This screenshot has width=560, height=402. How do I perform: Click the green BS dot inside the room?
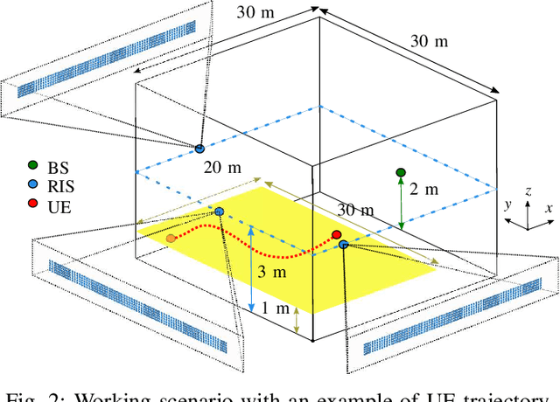[401, 172]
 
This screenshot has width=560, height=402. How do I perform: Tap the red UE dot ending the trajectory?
[336, 234]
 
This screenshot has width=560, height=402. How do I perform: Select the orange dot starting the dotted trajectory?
[171, 237]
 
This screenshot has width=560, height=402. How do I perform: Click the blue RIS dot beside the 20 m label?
[199, 149]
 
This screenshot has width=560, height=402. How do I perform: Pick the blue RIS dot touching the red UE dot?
[344, 244]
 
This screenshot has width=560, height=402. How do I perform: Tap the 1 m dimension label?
[275, 308]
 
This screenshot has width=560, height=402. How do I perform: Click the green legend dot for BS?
[32, 164]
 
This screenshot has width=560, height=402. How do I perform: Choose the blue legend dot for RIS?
[32, 185]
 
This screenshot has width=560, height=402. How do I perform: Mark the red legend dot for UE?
[32, 206]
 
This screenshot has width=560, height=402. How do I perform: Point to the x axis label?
[548, 209]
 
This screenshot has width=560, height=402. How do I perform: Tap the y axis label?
[507, 204]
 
